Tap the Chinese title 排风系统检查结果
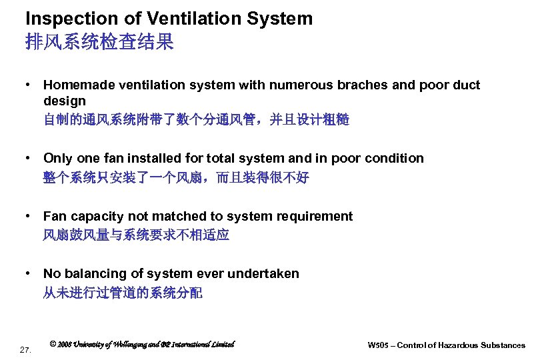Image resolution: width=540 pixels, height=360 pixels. (99, 43)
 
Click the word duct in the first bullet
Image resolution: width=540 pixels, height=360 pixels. (466, 85)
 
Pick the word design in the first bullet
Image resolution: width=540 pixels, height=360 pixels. (64, 101)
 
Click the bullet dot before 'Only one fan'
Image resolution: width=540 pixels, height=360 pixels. (28, 158)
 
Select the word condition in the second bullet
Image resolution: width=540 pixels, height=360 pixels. (393, 158)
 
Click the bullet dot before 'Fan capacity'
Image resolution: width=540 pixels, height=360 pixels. (28, 216)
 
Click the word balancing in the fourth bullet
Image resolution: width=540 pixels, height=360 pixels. (90, 273)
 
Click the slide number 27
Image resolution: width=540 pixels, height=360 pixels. (25, 349)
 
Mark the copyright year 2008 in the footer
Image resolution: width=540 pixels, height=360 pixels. (66, 345)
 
